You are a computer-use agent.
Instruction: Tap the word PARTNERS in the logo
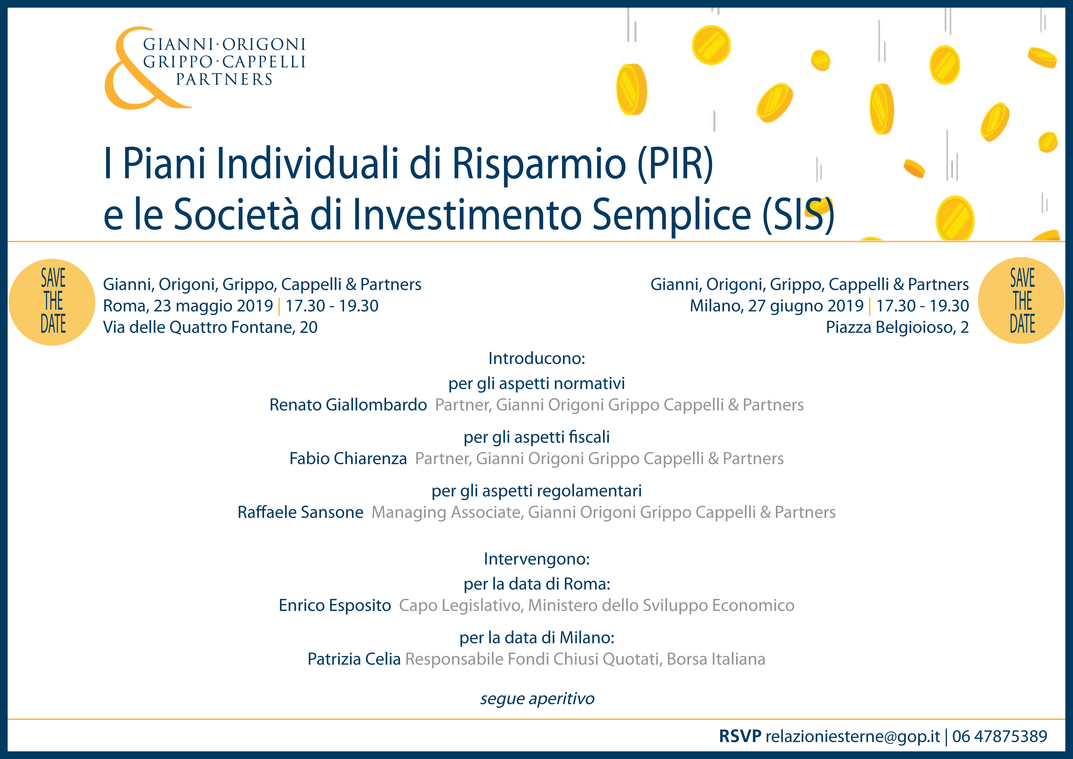tap(224, 80)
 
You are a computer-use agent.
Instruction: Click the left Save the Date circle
tap(52, 302)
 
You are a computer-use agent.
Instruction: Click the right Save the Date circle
tap(1022, 301)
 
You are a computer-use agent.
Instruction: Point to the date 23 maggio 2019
tap(213, 306)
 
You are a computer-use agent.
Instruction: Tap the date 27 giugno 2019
tap(806, 306)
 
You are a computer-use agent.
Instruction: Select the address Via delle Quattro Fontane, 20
tap(210, 327)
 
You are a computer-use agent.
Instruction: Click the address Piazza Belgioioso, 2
tap(897, 327)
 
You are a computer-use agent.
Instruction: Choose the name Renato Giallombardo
tap(348, 405)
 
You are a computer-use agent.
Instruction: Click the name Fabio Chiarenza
tap(348, 458)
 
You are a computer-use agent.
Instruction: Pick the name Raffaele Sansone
tap(300, 512)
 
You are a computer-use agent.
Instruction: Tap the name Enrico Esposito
tap(335, 605)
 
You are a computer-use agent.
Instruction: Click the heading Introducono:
tap(537, 358)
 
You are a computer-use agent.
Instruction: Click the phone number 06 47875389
tap(1000, 737)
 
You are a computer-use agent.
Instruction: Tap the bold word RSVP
tap(740, 737)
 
